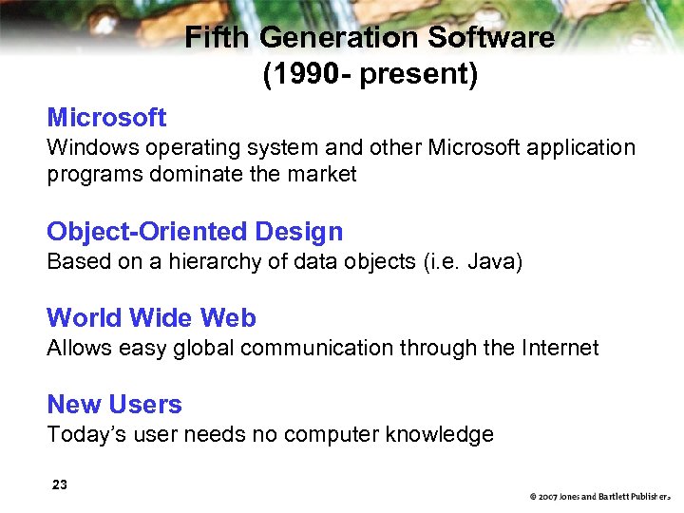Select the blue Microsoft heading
point(106,118)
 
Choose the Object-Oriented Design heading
point(195,232)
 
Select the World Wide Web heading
point(151,318)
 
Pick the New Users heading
point(114,405)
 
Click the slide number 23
point(60,485)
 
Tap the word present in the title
point(419,75)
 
